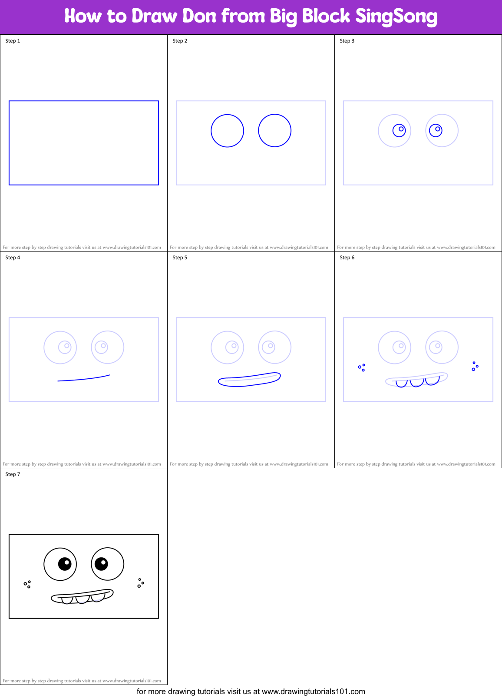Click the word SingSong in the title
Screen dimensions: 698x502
coord(396,17)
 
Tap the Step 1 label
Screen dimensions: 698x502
coord(13,41)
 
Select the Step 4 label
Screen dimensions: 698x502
coord(13,258)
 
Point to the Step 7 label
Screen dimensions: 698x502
coord(13,474)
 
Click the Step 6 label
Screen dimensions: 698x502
coord(347,258)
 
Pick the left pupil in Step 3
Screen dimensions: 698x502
coord(399,130)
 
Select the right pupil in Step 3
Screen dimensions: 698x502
coord(436,130)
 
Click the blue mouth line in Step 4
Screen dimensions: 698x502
coord(84,379)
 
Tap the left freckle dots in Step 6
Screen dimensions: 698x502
coord(362,368)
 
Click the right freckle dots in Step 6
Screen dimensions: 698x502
coord(475,366)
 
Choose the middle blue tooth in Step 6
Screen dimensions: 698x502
coord(416,383)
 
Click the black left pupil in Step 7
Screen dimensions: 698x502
coord(65,564)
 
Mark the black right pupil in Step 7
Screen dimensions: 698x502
coord(101,564)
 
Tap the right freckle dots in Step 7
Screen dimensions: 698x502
coord(140,583)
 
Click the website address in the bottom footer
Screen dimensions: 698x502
coord(313,691)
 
